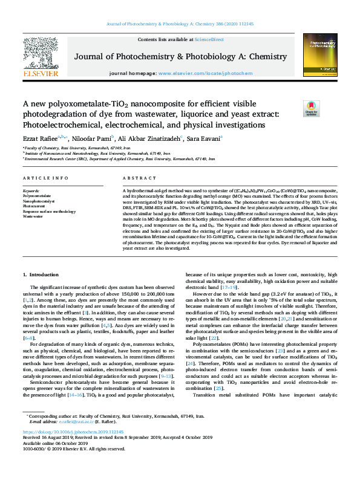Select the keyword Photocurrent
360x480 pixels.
34,206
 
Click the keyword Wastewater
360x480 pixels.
33,216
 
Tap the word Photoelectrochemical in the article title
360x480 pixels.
61,125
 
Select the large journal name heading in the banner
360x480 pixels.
180,56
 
